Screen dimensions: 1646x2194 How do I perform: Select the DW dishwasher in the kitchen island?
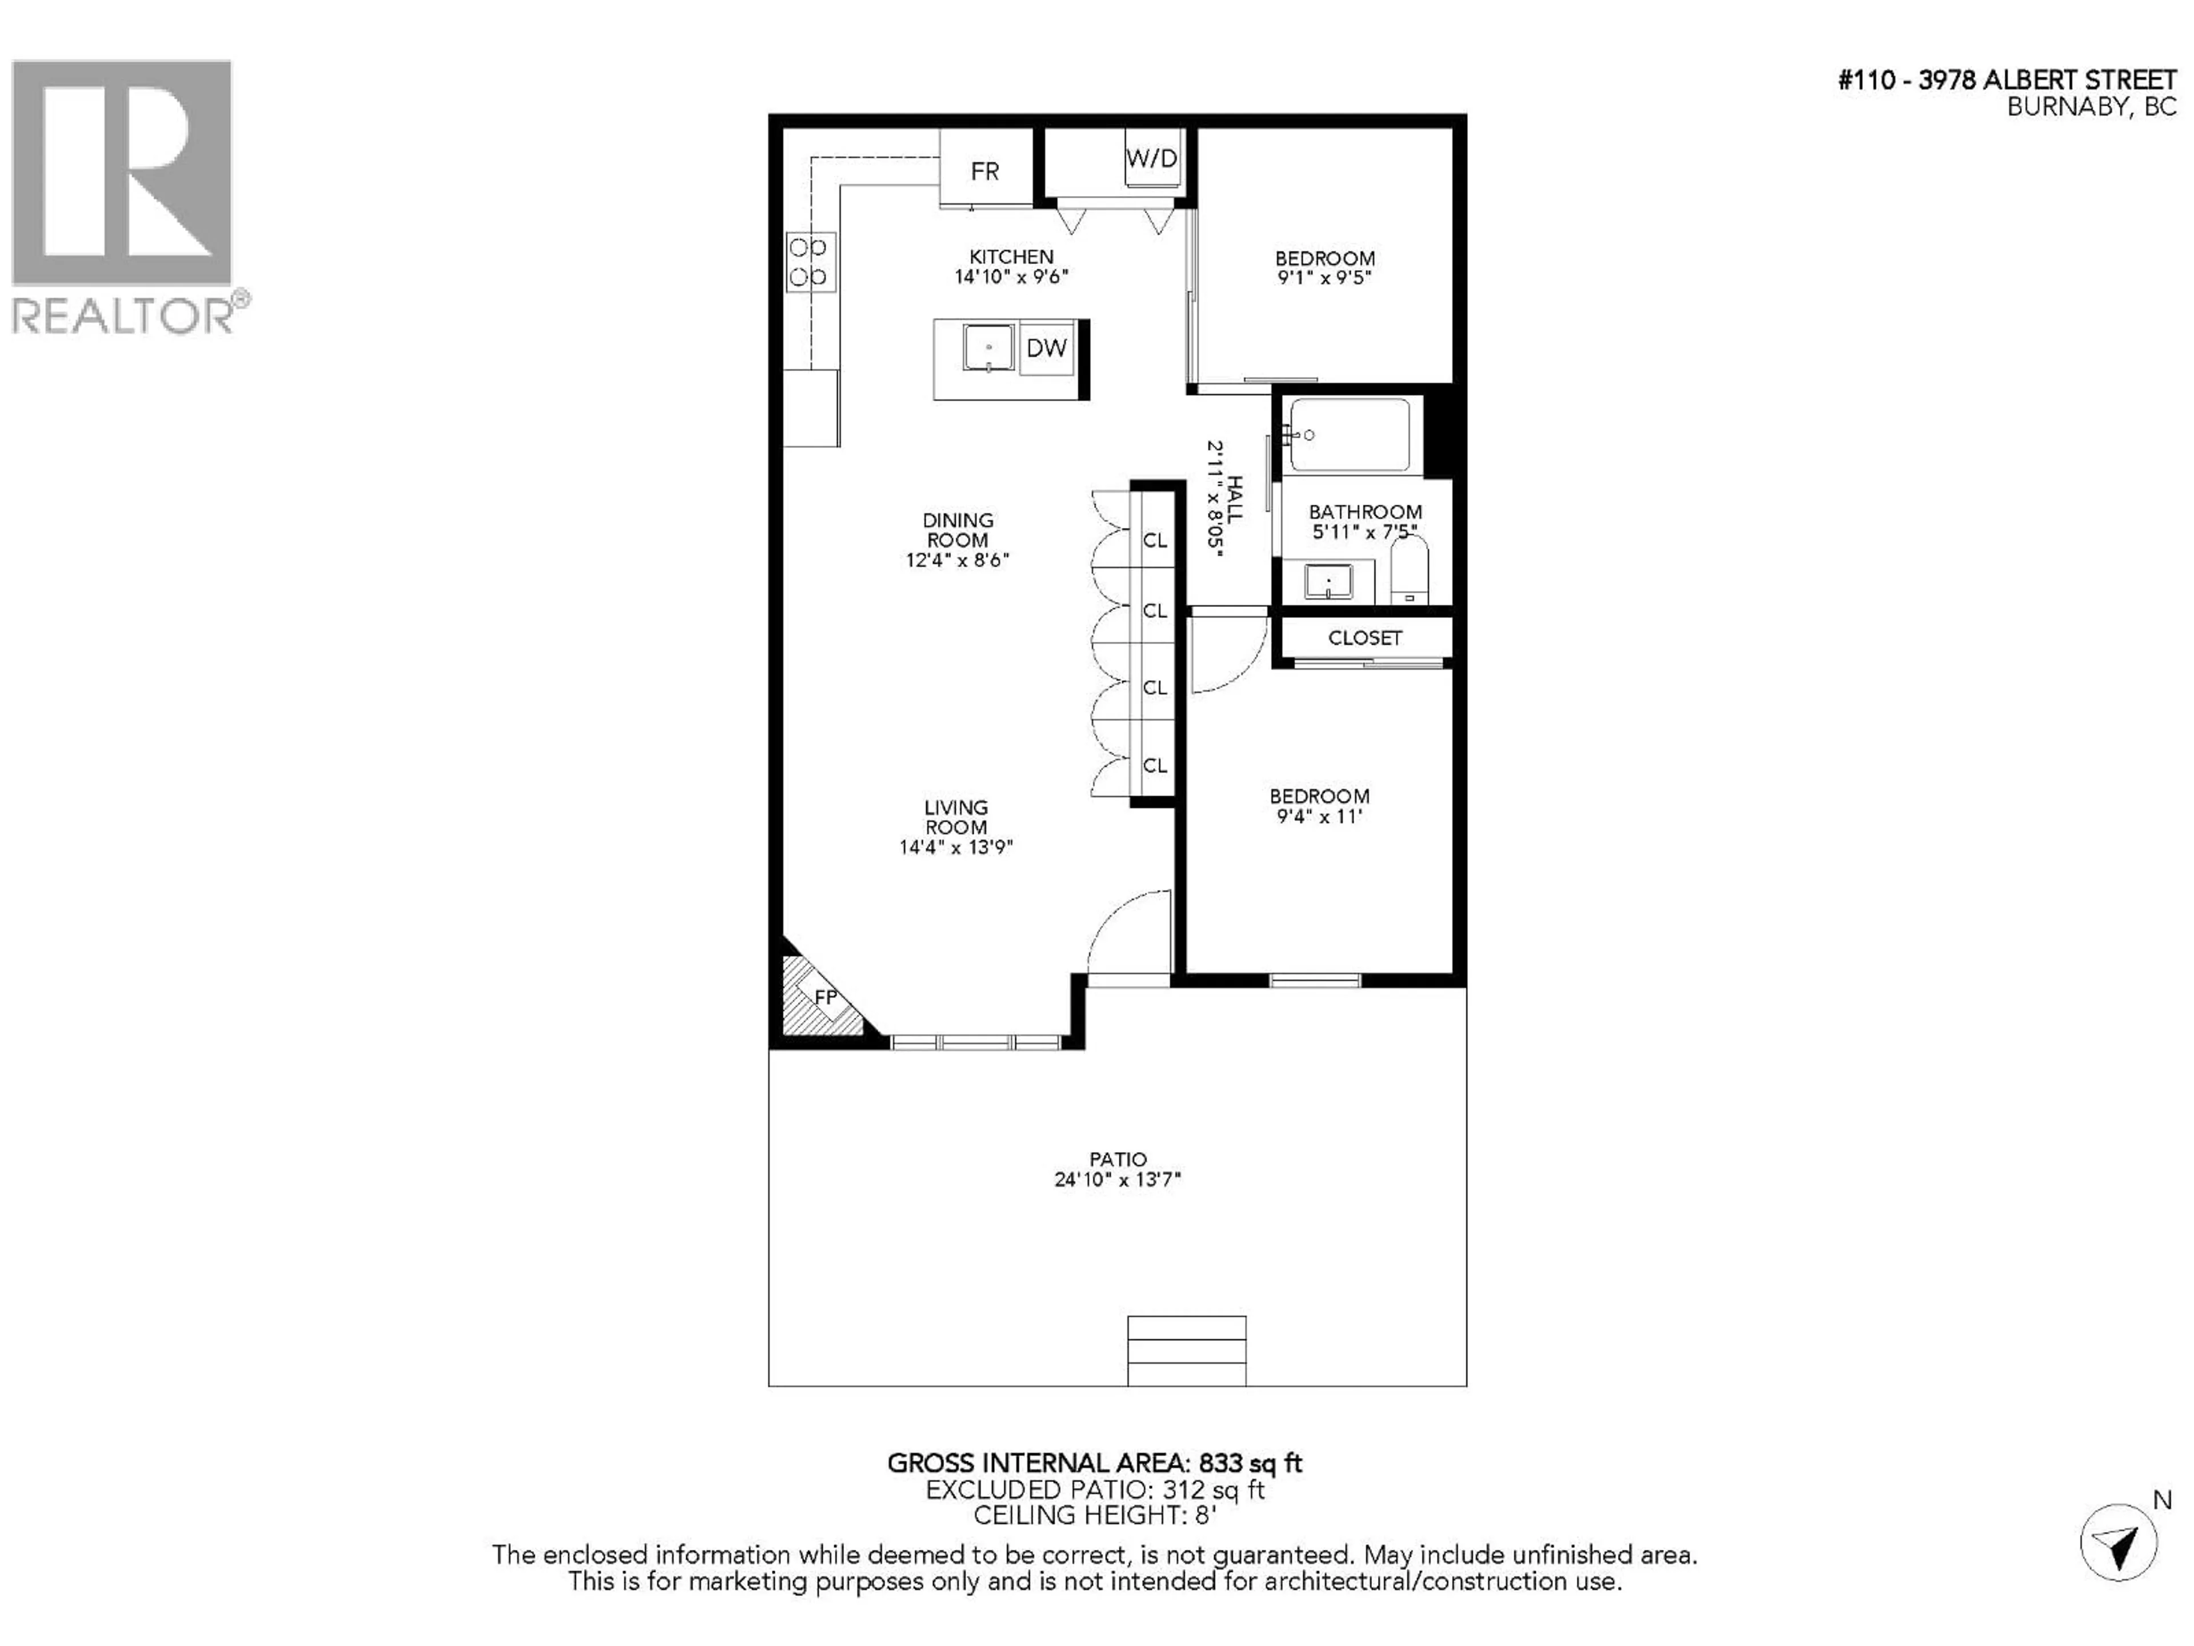(x=1046, y=348)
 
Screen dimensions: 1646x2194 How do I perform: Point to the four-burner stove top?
(x=810, y=262)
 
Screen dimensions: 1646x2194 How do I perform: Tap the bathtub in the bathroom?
(x=1349, y=434)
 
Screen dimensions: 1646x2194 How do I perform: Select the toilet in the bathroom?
(x=1408, y=570)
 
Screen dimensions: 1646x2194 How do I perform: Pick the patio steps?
(x=1186, y=1351)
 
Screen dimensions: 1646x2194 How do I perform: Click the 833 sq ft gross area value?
(x=1250, y=1464)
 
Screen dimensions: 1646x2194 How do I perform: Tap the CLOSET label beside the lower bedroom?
(x=1365, y=638)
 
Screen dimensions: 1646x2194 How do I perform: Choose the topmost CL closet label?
(x=1155, y=541)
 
